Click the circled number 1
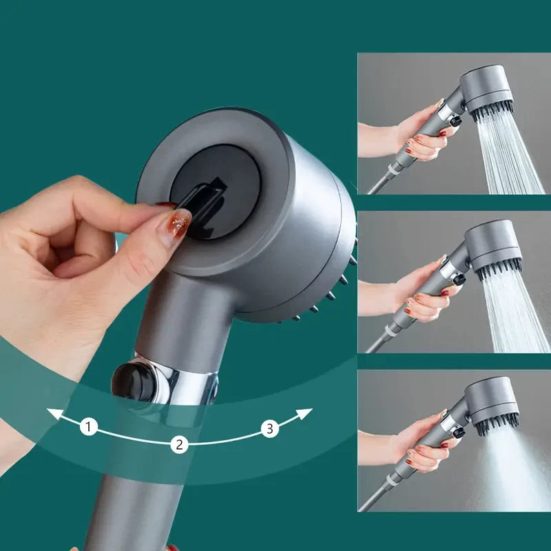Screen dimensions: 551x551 pos(88,427)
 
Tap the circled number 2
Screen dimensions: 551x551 pos(179,444)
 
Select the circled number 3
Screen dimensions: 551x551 pos(269,428)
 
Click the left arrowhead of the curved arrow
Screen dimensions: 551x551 pos(52,413)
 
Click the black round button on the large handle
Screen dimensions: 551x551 pos(130,380)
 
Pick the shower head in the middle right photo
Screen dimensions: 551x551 pos(493,248)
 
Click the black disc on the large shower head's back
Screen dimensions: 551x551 pos(215,193)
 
